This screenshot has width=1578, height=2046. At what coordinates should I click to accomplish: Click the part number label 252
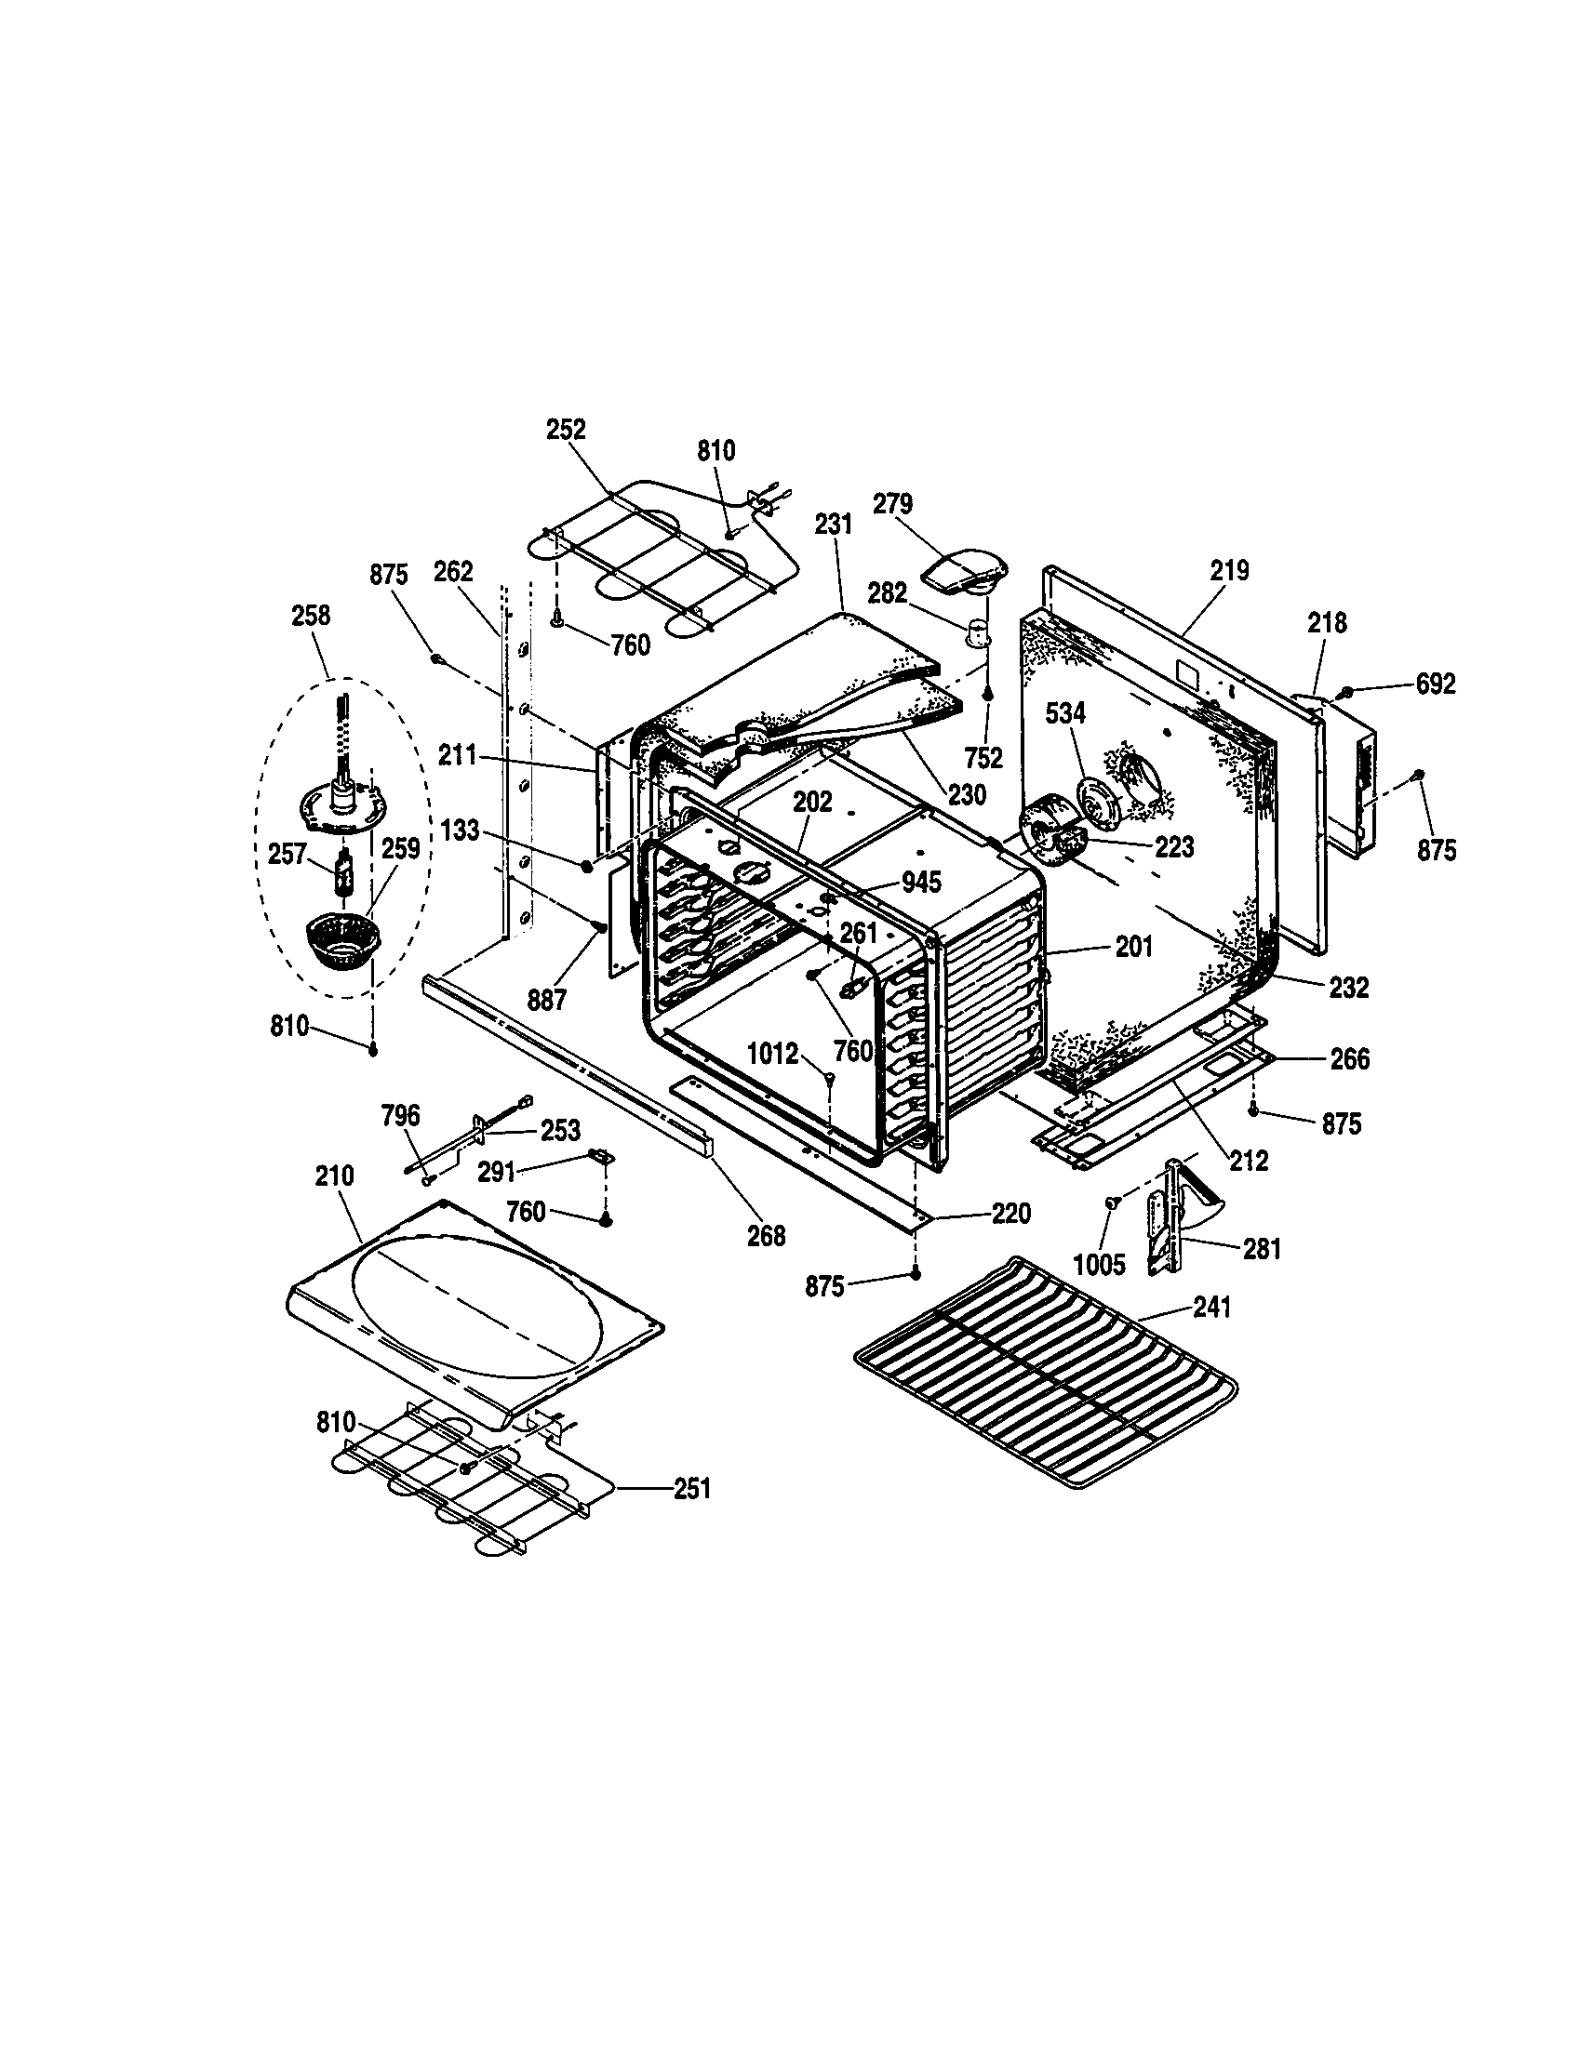click(x=566, y=429)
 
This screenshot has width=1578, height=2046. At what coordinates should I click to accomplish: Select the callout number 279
click(x=892, y=504)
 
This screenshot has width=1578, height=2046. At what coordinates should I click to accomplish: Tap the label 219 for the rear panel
click(x=1228, y=569)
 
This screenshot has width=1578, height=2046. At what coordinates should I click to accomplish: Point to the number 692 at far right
click(x=1436, y=684)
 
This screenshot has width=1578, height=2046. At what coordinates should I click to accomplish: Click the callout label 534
click(x=1065, y=713)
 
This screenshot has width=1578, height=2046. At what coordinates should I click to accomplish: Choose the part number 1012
click(x=772, y=1054)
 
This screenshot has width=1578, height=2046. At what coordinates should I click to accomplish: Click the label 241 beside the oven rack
click(x=1211, y=1307)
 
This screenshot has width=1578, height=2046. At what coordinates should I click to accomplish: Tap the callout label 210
click(x=335, y=1176)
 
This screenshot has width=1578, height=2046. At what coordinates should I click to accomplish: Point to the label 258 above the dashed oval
click(x=311, y=616)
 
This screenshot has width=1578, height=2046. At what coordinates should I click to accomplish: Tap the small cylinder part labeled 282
click(x=979, y=634)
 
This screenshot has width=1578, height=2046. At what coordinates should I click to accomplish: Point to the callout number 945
click(x=921, y=882)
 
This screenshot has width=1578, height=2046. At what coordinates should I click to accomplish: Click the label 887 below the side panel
click(x=546, y=1000)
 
